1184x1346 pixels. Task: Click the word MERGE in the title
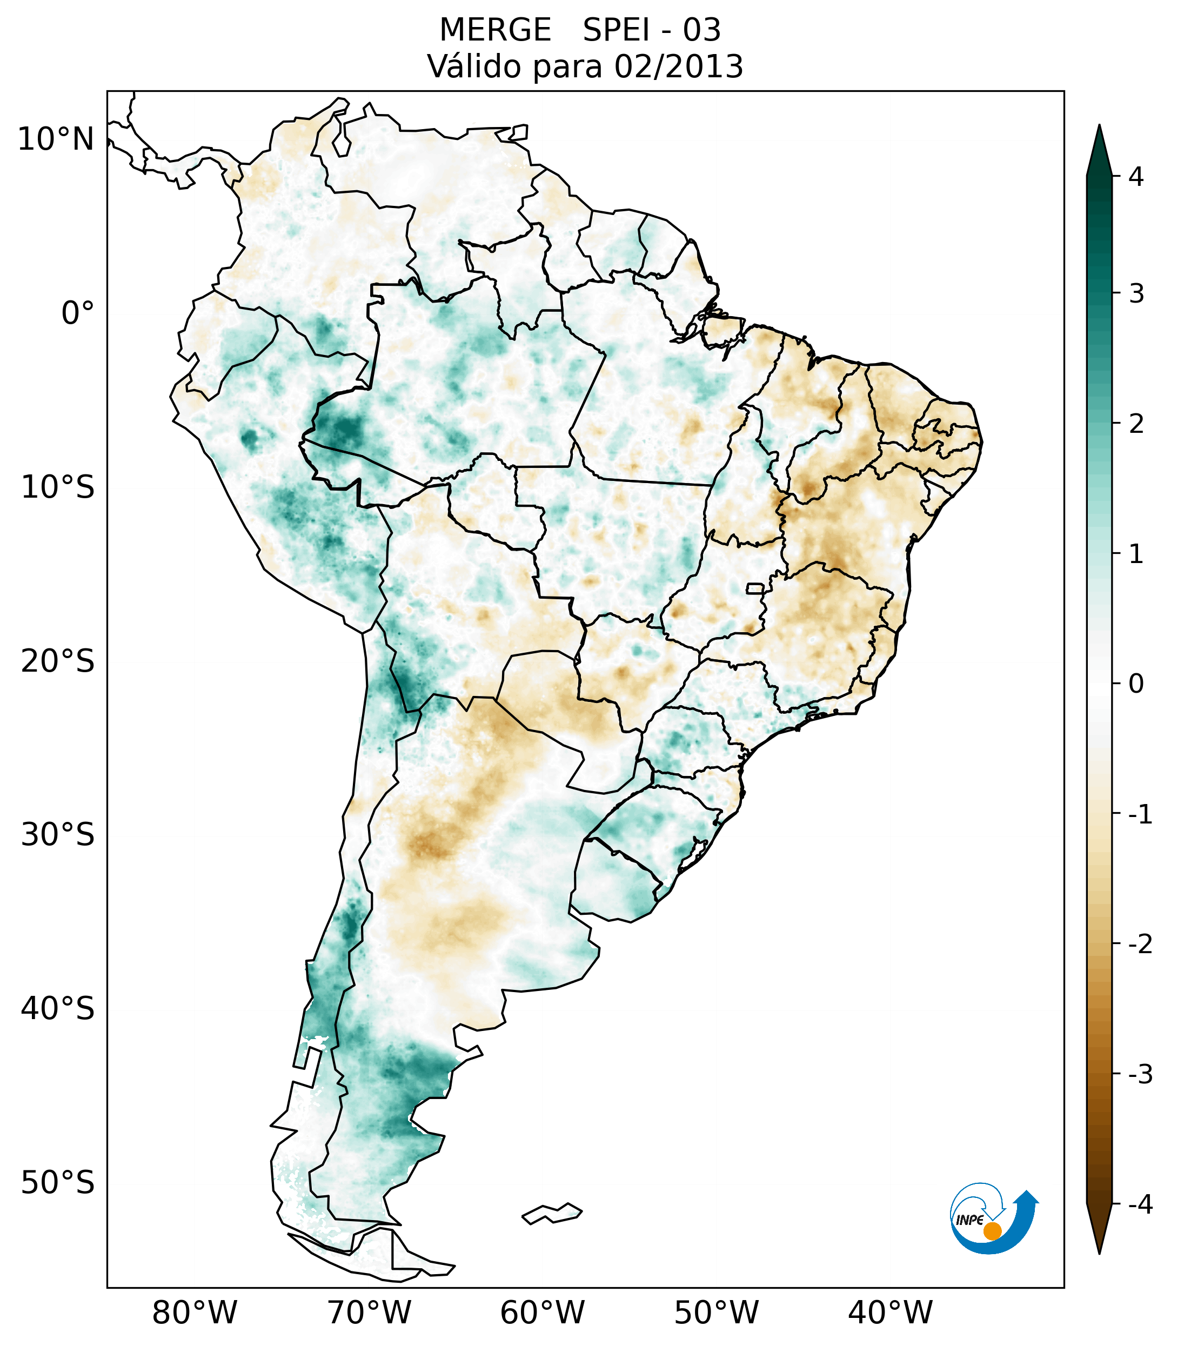tap(495, 30)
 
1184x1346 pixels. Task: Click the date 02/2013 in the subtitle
tap(679, 66)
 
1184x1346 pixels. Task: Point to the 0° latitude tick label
tap(78, 313)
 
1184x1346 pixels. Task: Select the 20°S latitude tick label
tap(58, 661)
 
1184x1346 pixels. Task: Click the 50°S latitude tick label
tap(58, 1183)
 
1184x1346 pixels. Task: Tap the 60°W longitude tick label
tap(542, 1313)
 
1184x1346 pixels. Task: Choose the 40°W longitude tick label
tap(891, 1313)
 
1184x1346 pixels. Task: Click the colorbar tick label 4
tap(1136, 177)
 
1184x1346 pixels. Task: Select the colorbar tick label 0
tap(1136, 684)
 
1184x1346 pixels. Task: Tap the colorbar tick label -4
tap(1140, 1205)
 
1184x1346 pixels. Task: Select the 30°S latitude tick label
tap(58, 835)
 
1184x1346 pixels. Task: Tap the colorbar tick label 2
tap(1136, 424)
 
